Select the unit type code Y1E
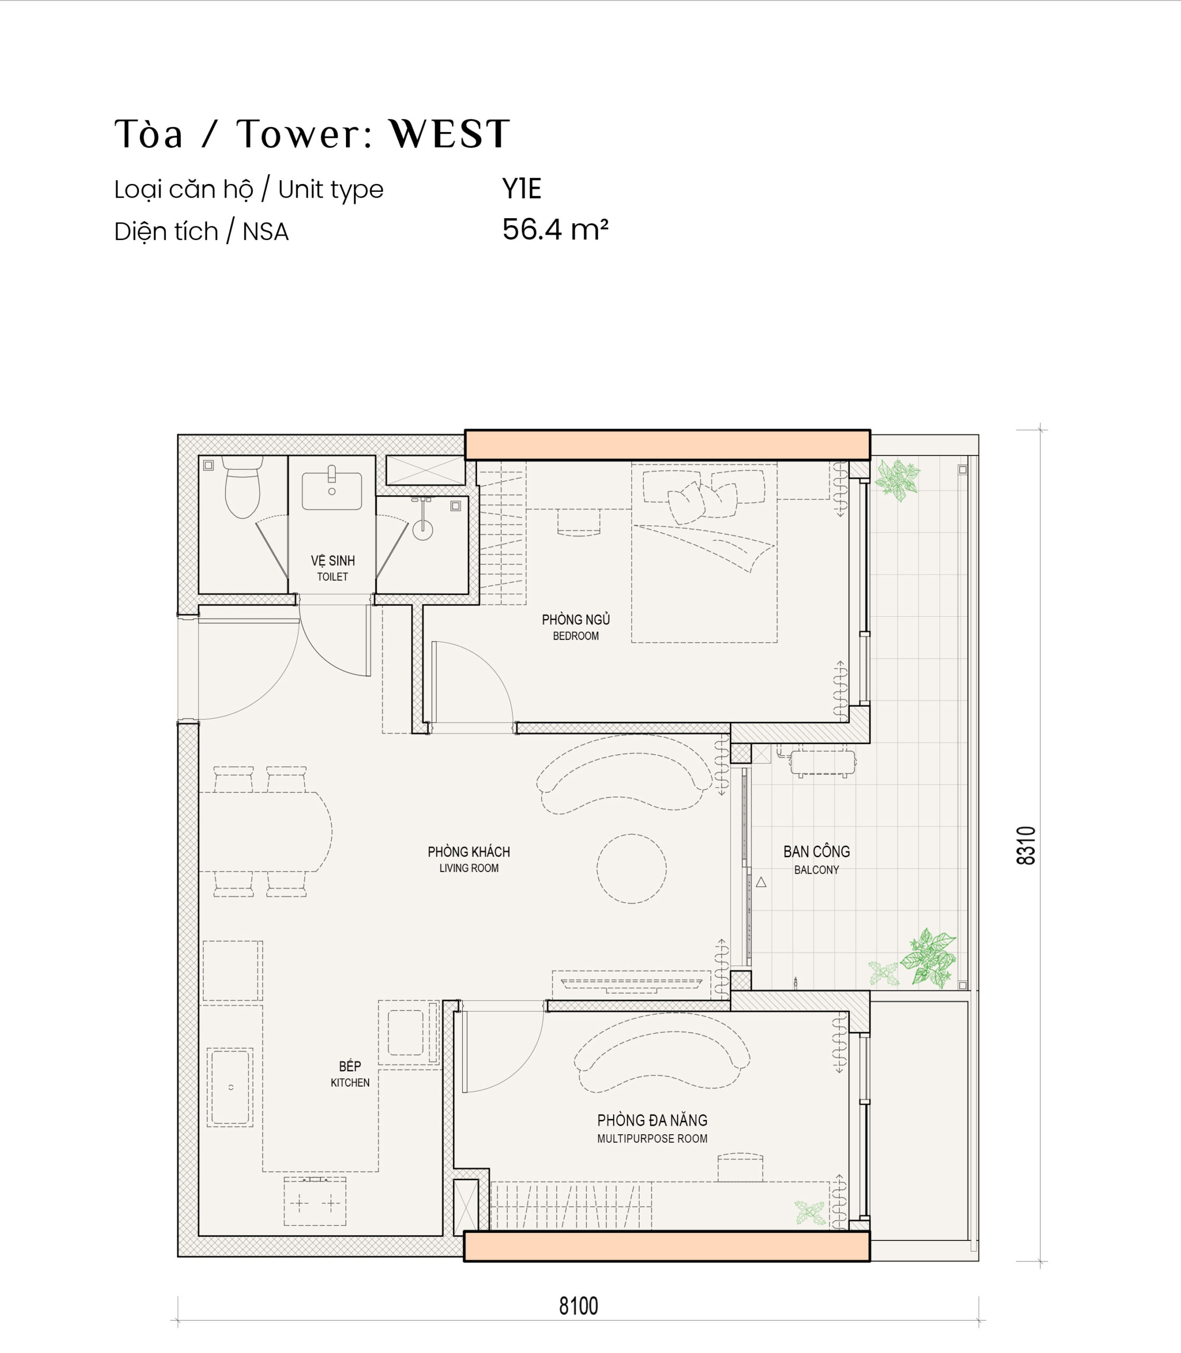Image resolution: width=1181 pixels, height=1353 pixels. point(521,189)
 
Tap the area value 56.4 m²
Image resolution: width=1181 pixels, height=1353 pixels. point(555,230)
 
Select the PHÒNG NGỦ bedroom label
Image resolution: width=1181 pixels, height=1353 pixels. point(576,620)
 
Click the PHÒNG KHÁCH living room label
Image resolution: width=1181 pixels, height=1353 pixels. point(468,852)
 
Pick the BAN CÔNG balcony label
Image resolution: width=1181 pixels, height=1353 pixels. point(817,852)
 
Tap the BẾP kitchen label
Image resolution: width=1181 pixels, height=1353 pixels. point(350,1066)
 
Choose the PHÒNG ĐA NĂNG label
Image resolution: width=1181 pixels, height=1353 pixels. point(652,1120)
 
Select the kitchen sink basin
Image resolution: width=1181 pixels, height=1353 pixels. point(230,1087)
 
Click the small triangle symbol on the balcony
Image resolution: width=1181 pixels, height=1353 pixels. point(761,882)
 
